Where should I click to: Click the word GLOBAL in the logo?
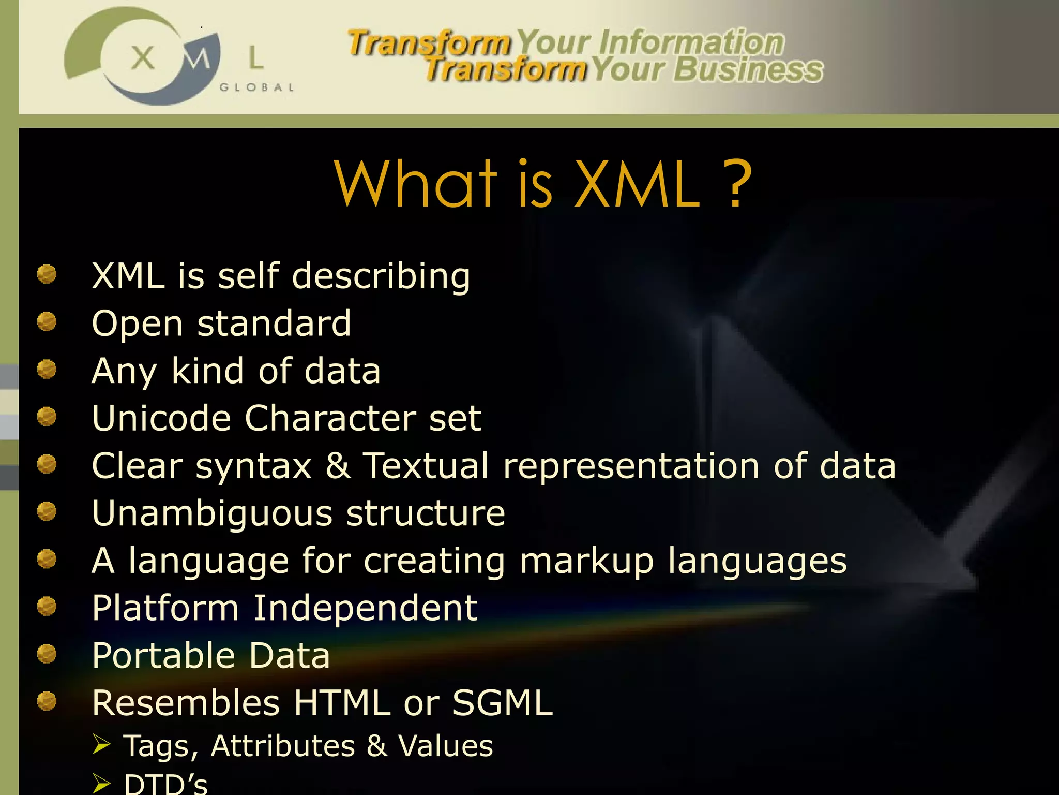click(x=257, y=87)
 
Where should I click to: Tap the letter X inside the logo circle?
click(x=143, y=57)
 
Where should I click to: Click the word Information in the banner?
click(x=691, y=42)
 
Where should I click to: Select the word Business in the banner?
click(x=748, y=70)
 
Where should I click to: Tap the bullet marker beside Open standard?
click(x=47, y=321)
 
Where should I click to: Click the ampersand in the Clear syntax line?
click(x=338, y=465)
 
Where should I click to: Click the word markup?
click(x=587, y=561)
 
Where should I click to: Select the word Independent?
click(x=365, y=608)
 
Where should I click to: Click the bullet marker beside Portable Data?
click(x=47, y=653)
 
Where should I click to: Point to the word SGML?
click(x=503, y=703)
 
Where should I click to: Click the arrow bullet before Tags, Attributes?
click(x=101, y=744)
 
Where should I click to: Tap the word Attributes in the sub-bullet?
click(x=283, y=746)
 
